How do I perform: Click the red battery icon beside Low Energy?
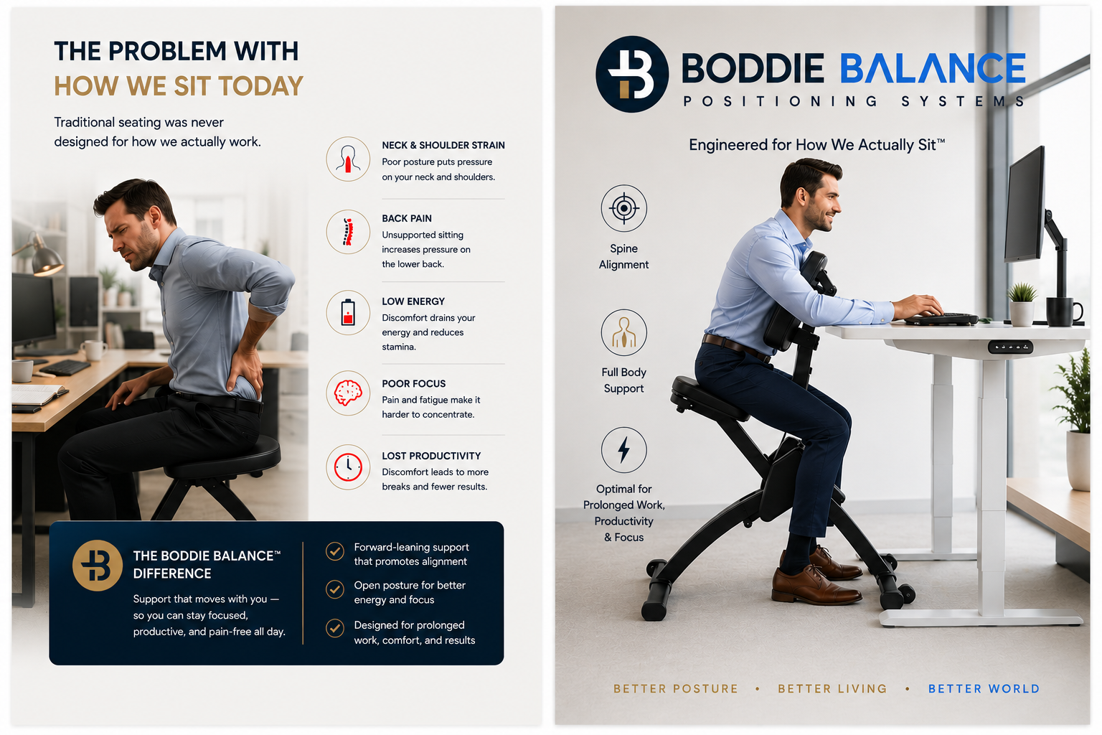[x=348, y=312]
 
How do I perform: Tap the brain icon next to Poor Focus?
[x=348, y=393]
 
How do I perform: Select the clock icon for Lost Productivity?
[x=348, y=467]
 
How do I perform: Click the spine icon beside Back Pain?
[x=348, y=232]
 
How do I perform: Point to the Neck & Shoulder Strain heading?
[x=443, y=145]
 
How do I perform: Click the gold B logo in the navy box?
[x=98, y=565]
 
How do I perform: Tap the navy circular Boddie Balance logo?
[x=631, y=74]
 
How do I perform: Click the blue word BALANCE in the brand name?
[x=933, y=68]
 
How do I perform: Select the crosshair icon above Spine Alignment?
[x=623, y=208]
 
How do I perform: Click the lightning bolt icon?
[x=623, y=450]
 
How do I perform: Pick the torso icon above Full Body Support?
[x=623, y=332]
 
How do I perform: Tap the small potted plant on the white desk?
[x=1022, y=304]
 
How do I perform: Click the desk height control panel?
[x=1010, y=347]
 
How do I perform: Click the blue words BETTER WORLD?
[x=984, y=689]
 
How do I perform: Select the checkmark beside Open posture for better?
[x=335, y=589]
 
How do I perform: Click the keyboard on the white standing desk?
[x=941, y=318]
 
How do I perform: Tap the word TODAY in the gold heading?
[x=260, y=86]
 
